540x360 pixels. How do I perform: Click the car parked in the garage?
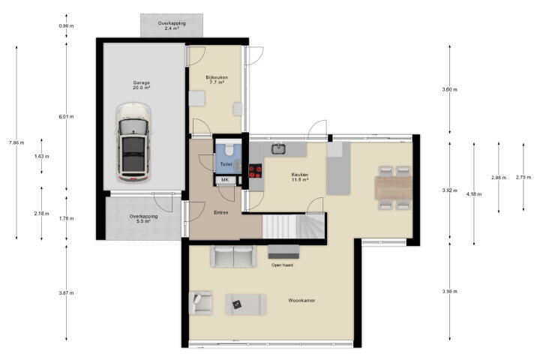(x=133, y=142)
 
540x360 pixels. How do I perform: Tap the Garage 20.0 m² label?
(x=142, y=85)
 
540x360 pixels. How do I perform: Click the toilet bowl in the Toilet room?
(x=229, y=150)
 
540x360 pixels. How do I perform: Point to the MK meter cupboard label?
(x=225, y=180)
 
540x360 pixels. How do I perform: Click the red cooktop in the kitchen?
(x=256, y=171)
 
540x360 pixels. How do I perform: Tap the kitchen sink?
(x=277, y=148)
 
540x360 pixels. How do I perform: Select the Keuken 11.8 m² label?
(x=299, y=177)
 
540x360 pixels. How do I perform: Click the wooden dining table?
(x=393, y=187)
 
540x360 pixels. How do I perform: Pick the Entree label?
(x=220, y=213)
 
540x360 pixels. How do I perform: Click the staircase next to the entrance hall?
(x=294, y=226)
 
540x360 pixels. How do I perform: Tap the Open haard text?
(x=283, y=265)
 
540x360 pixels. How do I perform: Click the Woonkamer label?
(x=301, y=301)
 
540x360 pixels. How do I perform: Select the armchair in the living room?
(x=200, y=303)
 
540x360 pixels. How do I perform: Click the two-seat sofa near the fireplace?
(x=233, y=256)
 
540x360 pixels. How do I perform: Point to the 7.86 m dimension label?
(x=16, y=142)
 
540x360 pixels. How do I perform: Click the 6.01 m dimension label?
(x=66, y=116)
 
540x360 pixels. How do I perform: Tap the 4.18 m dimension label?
(x=474, y=194)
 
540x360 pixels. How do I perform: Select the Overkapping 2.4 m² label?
(x=172, y=25)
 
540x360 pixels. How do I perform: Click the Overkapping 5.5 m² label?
(x=143, y=219)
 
